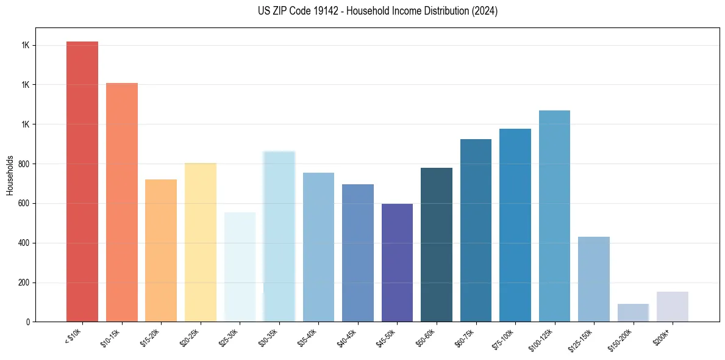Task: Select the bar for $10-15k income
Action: (122, 202)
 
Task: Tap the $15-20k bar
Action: (161, 250)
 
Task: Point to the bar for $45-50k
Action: (397, 262)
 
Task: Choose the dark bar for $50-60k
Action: (437, 245)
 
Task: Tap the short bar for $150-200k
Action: (633, 312)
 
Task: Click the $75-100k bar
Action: (515, 225)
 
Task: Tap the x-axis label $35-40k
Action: (312, 338)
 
